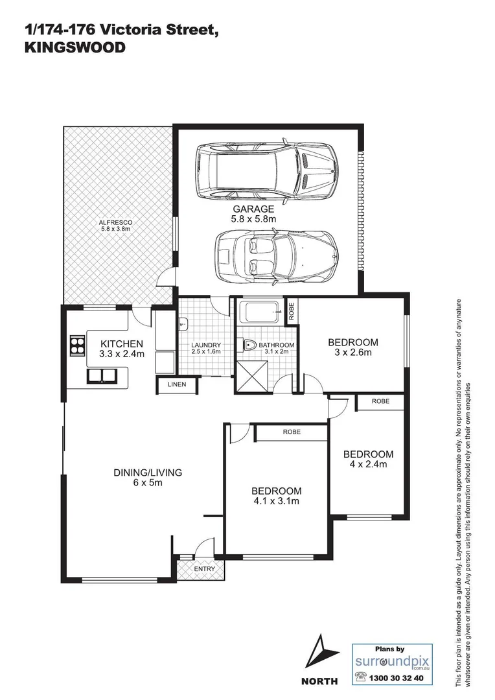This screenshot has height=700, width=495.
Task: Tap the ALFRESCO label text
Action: pyautogui.click(x=116, y=222)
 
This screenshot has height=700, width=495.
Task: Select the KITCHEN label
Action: pyautogui.click(x=121, y=344)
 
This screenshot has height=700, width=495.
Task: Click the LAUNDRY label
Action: pyautogui.click(x=206, y=345)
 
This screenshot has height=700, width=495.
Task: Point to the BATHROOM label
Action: pyautogui.click(x=277, y=345)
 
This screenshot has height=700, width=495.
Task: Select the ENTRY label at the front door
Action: pyautogui.click(x=203, y=569)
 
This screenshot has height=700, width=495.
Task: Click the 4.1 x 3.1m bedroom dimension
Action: pyautogui.click(x=277, y=501)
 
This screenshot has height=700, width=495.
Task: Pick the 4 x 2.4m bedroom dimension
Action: pyautogui.click(x=368, y=464)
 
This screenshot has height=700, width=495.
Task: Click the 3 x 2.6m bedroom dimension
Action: pyautogui.click(x=352, y=353)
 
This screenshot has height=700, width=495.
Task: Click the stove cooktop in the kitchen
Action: pyautogui.click(x=77, y=347)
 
